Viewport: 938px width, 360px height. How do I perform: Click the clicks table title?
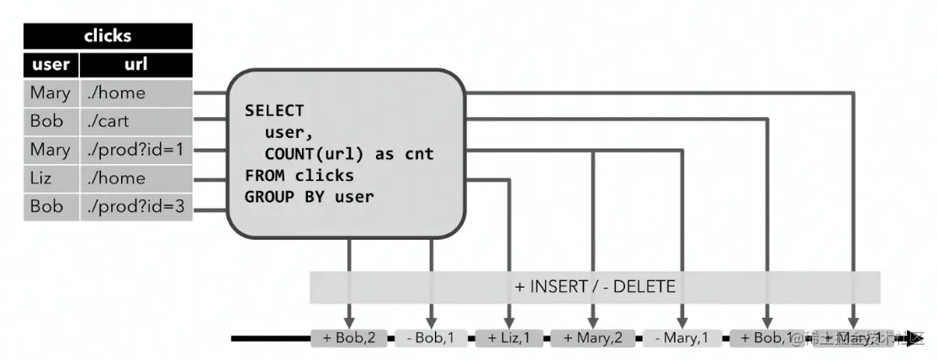click(108, 36)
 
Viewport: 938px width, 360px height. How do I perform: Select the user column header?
click(50, 65)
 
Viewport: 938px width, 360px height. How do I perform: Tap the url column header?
click(136, 65)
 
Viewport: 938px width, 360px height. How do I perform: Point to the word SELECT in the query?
click(274, 111)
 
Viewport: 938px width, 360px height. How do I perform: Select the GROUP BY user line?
click(309, 197)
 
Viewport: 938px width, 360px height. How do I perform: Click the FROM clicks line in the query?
click(299, 176)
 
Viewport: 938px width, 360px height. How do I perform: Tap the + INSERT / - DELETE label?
click(595, 287)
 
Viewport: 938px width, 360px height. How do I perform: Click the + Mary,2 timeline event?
click(594, 339)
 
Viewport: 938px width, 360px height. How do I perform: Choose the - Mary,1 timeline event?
click(682, 339)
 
